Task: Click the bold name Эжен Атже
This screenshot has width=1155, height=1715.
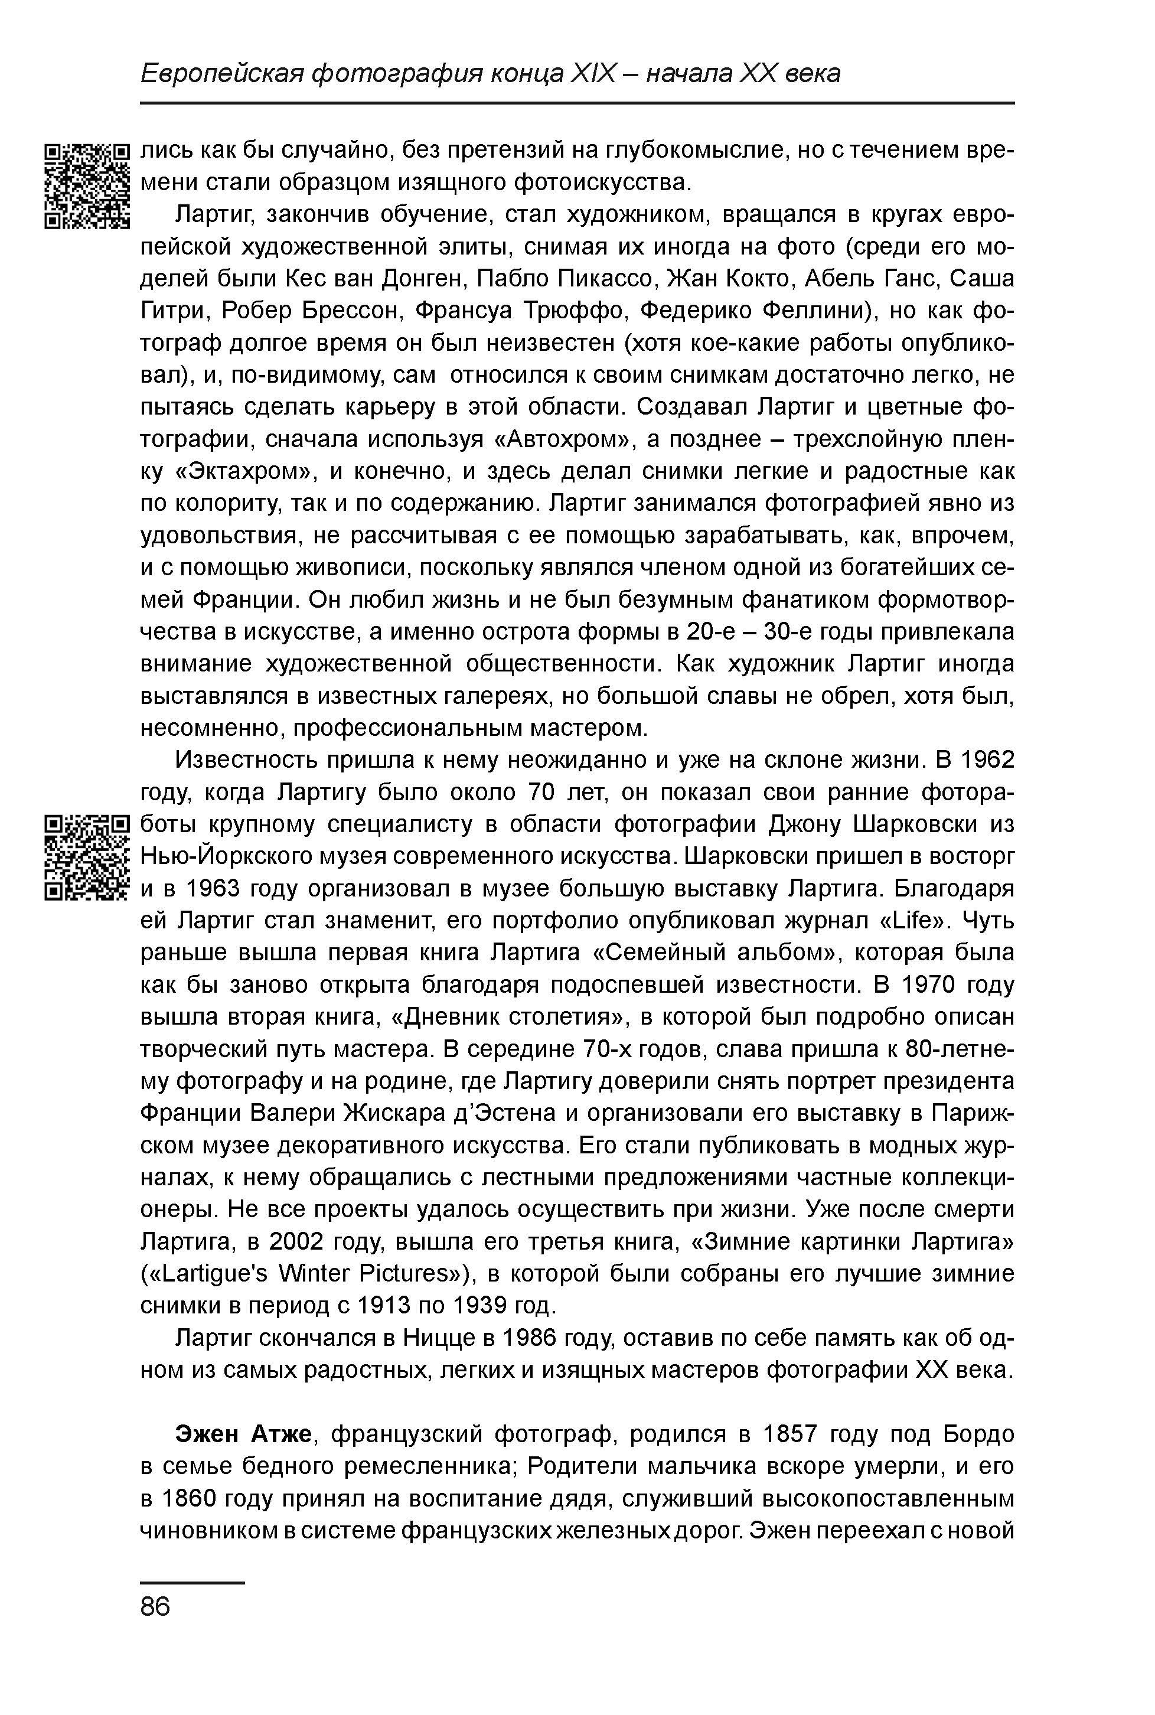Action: tap(244, 1435)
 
